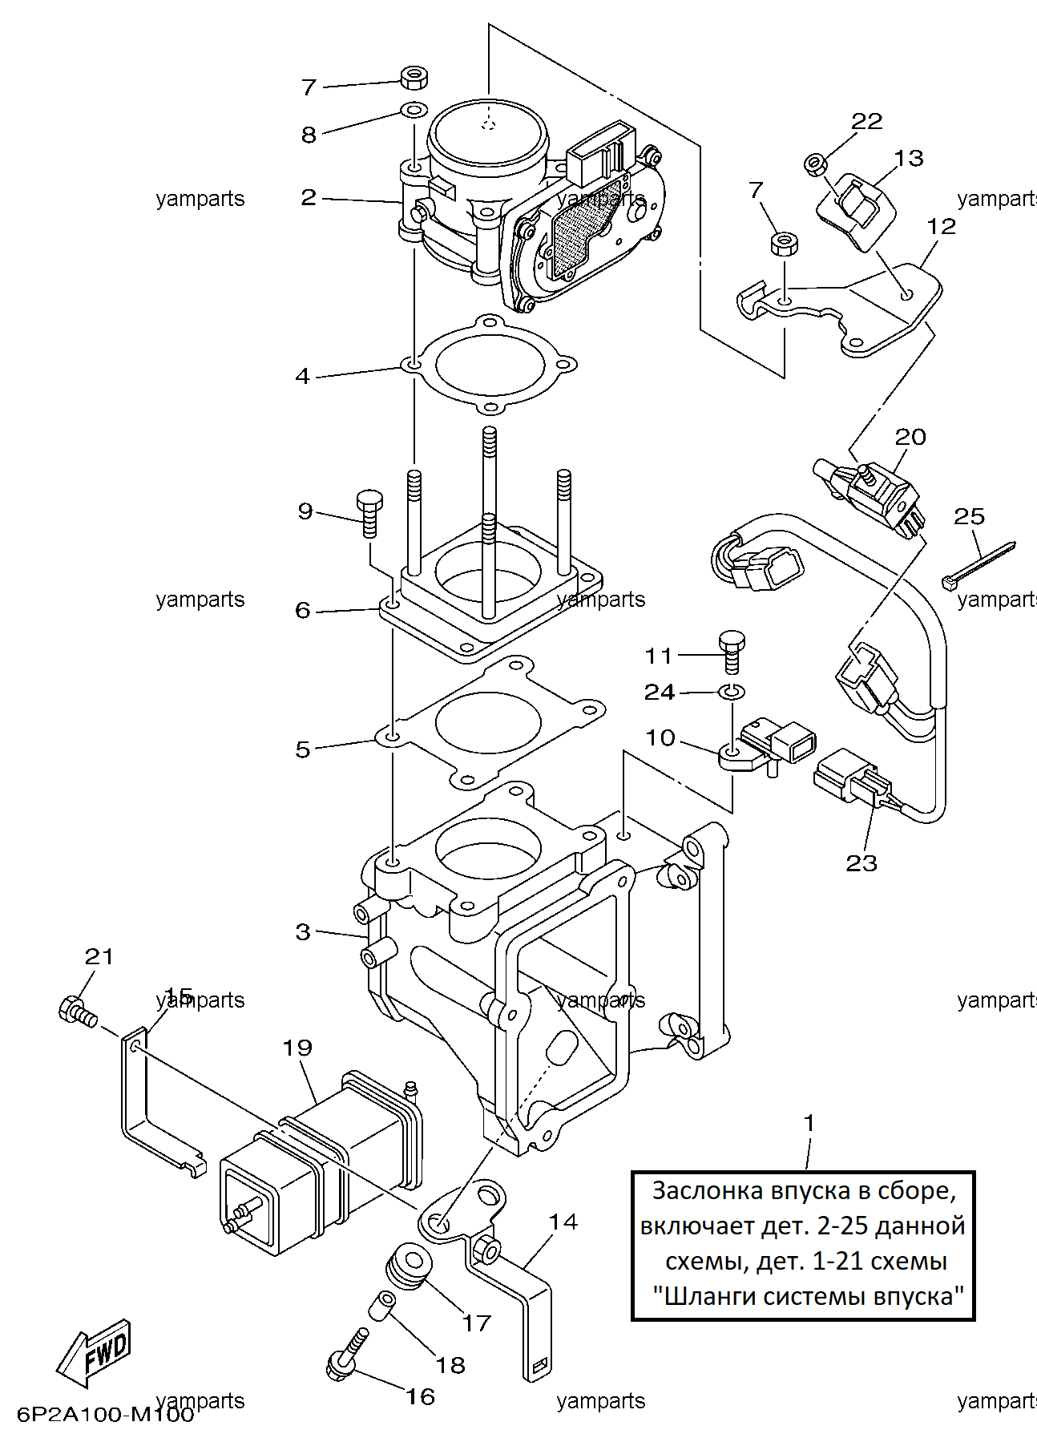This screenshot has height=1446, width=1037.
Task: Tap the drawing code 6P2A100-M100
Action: tap(107, 1415)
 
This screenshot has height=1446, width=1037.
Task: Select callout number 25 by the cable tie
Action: tap(969, 516)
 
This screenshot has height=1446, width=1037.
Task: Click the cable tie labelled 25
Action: tap(978, 563)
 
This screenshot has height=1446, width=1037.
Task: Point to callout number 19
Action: tap(297, 1048)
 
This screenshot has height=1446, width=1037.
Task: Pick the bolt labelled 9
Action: tap(369, 513)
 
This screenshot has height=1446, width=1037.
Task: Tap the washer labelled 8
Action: tap(413, 110)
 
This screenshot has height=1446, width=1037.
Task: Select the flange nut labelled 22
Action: tap(816, 164)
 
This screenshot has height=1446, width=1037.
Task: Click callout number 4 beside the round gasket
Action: tap(302, 375)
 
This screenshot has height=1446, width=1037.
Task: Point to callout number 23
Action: tap(861, 863)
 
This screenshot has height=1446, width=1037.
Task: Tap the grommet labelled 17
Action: tap(410, 1269)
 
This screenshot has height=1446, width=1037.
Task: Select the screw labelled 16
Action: tap(348, 1354)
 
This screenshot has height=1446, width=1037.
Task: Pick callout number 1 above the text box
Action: tap(809, 1123)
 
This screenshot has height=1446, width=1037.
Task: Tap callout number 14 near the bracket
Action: tap(563, 1222)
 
